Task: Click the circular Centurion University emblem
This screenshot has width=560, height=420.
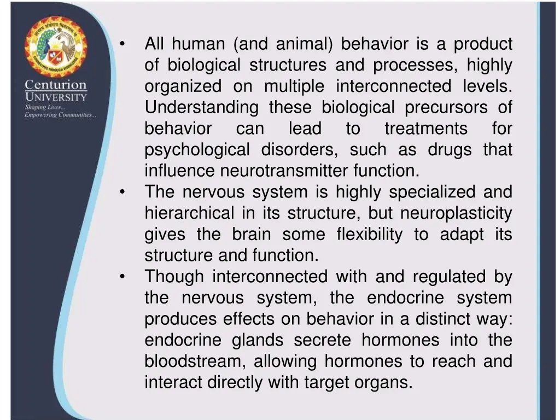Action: coord(55,47)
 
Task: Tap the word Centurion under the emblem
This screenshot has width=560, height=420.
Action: coord(56,85)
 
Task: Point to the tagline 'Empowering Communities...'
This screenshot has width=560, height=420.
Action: coord(60,115)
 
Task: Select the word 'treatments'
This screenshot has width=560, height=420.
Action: coord(426,129)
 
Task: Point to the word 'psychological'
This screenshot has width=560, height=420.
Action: coord(197,150)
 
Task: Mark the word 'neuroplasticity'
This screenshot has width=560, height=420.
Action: coord(456,213)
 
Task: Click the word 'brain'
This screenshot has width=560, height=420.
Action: coord(251,234)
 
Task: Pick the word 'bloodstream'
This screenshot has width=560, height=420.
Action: coord(195,361)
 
